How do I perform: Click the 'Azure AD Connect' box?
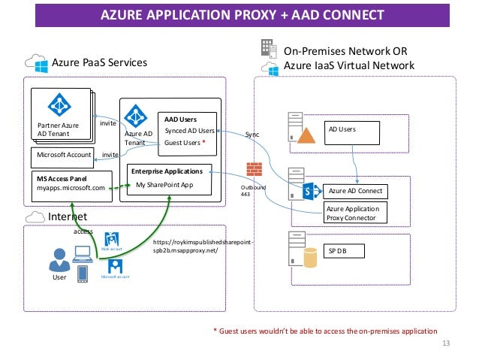click(354, 191)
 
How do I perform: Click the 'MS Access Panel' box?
click(71, 183)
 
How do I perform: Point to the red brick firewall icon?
click(254, 168)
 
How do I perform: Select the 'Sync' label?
click(252, 134)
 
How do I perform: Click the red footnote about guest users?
click(324, 331)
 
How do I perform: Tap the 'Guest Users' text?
click(185, 142)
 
